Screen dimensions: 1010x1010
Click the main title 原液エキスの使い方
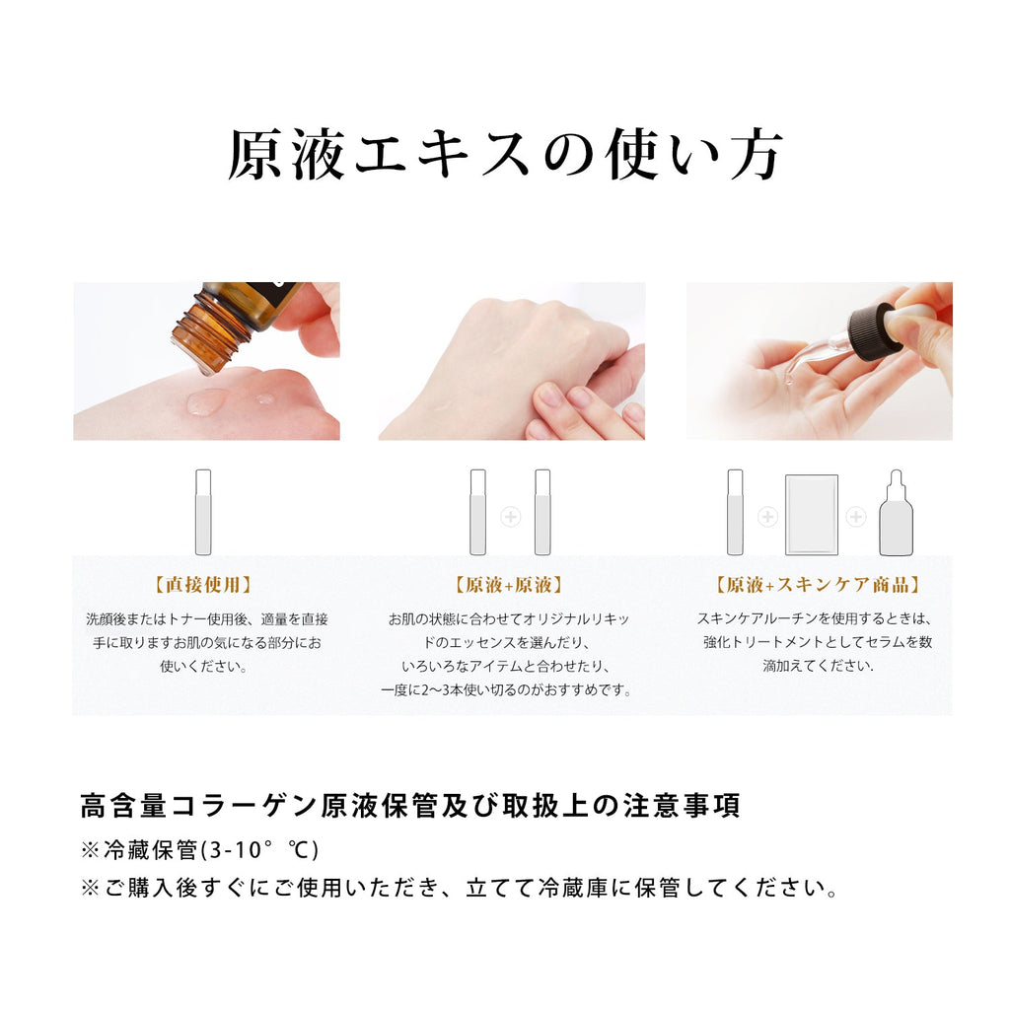point(506,155)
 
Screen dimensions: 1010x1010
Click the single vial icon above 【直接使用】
point(203,512)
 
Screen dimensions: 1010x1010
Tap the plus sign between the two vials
point(510,517)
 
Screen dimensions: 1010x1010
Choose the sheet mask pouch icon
point(812,515)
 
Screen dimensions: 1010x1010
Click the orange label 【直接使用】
point(203,585)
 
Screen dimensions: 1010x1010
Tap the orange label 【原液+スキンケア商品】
point(818,585)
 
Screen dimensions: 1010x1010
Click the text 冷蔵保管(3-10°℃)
point(211,849)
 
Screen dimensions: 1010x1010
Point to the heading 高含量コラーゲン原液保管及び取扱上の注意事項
point(410,806)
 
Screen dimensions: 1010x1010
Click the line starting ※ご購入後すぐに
point(461,889)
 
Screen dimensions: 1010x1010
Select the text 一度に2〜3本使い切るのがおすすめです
point(506,689)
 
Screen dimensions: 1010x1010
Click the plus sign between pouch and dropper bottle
point(856,517)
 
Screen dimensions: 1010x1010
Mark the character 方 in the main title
point(757,155)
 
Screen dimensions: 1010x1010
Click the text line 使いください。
point(203,666)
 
